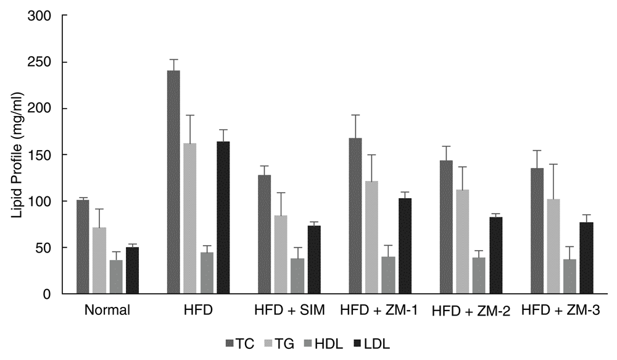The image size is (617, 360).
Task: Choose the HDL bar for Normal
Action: coord(116,277)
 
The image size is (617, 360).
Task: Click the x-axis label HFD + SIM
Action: coord(289,311)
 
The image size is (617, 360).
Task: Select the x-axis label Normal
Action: coord(107,311)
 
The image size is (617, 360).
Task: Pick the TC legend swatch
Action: coord(230,343)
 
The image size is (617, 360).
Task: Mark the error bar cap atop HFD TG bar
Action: coord(190,115)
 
